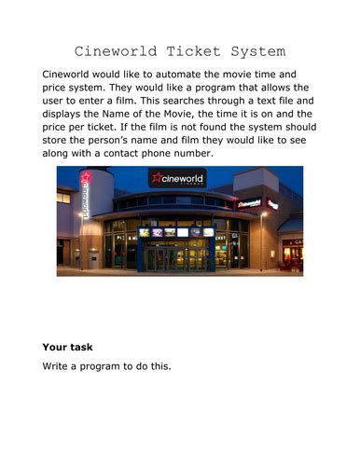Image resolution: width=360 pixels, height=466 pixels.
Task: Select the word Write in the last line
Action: [x=58, y=366]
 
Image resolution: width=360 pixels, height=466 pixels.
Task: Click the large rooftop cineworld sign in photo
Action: [x=177, y=178]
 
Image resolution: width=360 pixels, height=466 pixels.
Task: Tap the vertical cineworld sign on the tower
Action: [x=86, y=199]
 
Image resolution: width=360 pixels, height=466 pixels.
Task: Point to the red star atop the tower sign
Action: [x=86, y=176]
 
